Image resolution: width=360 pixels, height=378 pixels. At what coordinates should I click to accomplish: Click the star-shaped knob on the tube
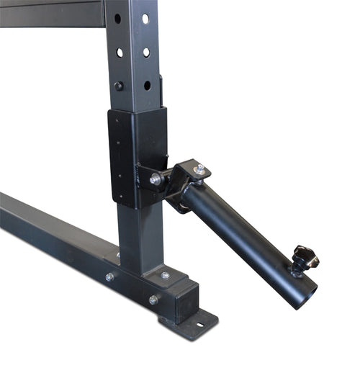[305, 257]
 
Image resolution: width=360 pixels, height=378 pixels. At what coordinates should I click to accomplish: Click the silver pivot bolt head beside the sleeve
[156, 179]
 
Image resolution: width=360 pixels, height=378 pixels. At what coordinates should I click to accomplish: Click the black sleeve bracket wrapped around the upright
[137, 155]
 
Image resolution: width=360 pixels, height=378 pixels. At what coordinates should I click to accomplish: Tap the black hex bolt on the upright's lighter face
[119, 86]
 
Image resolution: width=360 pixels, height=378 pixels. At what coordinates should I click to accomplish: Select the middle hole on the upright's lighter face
[119, 52]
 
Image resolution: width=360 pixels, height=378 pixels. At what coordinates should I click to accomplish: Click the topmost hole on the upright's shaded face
[145, 19]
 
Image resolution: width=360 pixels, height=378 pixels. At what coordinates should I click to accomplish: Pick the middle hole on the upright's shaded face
[146, 52]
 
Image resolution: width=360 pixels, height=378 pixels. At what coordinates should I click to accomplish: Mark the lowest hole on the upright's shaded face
[147, 85]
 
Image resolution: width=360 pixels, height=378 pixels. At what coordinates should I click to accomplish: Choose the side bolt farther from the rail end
[109, 277]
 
